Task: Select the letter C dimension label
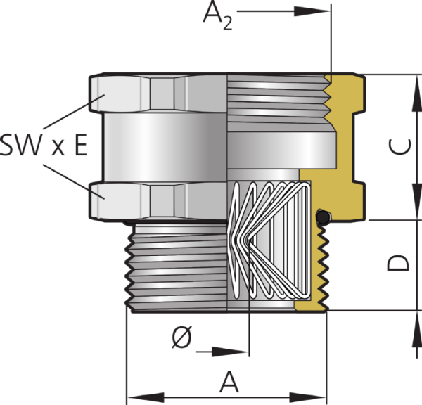point(400,147)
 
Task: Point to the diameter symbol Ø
point(182,337)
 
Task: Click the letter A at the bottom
point(229,381)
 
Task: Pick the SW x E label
point(44,145)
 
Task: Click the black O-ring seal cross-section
point(322,216)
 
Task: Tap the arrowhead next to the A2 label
point(312,11)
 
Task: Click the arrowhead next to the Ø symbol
point(230,352)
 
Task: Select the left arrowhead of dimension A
point(146,397)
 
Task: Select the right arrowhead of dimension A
point(308,397)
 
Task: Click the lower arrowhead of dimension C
point(417,202)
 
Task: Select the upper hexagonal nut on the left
point(158,93)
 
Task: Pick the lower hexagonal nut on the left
point(158,202)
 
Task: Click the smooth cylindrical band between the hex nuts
point(165,148)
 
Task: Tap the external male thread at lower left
point(177,267)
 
